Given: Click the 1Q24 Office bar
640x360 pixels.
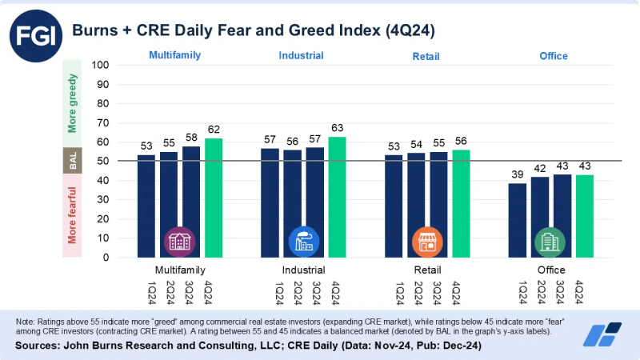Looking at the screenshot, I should [518, 220].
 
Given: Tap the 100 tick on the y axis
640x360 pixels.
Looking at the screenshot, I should [100, 65].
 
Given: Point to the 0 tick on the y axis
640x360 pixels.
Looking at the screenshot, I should [105, 258].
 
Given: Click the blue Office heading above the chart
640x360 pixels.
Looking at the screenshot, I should [553, 56].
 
